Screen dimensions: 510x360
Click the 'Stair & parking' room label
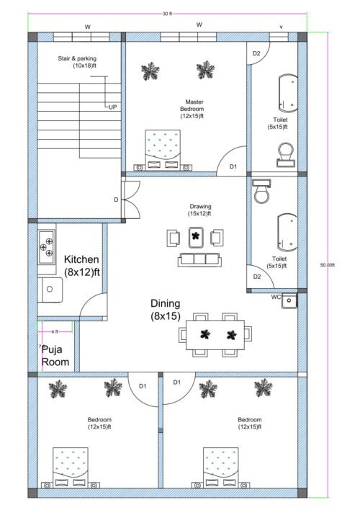pos(78,62)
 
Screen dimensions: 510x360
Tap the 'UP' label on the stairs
pos(113,107)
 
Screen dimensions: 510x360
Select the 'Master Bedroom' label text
pos(192,109)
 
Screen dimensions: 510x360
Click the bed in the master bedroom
pos(163,148)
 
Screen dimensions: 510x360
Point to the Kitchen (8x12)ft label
pos(81,266)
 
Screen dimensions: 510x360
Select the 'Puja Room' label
pos(55,355)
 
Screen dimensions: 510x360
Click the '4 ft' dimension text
pos(56,331)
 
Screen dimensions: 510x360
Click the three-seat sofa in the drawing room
pos(196,259)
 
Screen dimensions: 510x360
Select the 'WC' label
pos(276,296)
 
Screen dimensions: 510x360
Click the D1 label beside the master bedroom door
pos(233,166)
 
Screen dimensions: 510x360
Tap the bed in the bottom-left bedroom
pos(71,466)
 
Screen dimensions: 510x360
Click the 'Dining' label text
pos(166,303)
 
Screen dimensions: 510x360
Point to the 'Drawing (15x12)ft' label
pos(201,210)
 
